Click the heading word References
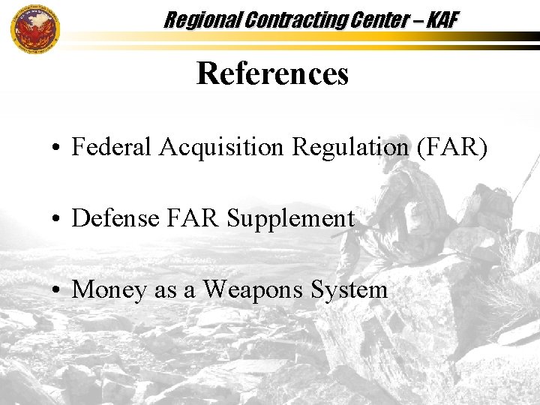click(272, 73)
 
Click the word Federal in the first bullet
click(112, 147)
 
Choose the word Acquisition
click(222, 147)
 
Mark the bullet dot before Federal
click(56, 148)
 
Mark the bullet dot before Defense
click(56, 220)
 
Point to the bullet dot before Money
click(56, 291)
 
